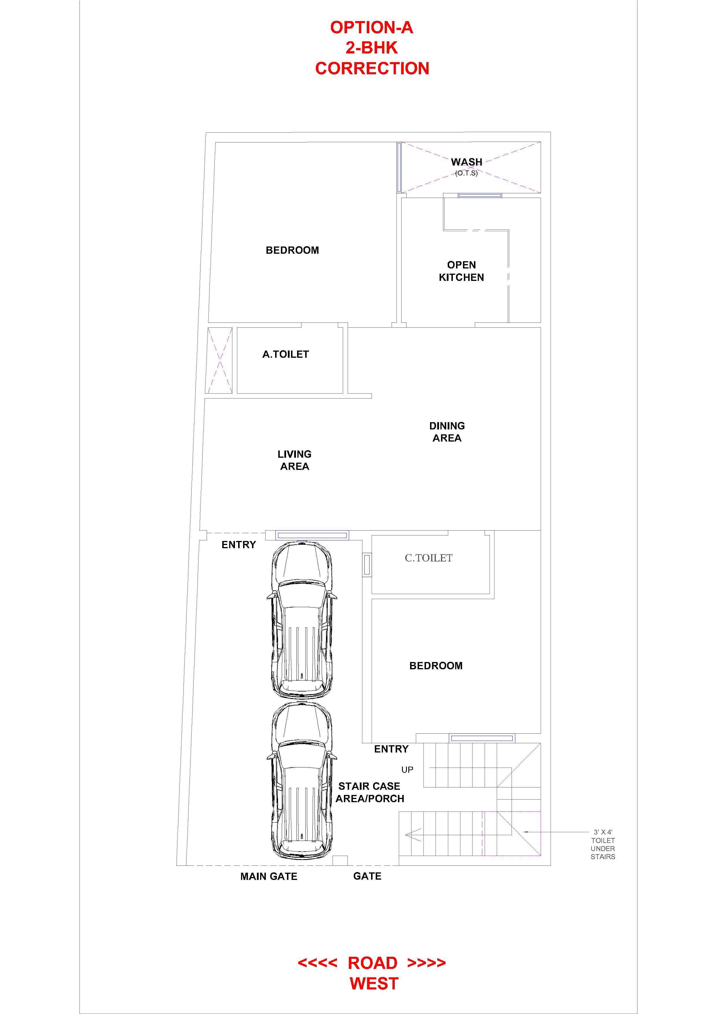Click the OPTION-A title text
(x=372, y=28)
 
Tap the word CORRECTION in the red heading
(x=372, y=68)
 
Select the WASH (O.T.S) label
(x=466, y=166)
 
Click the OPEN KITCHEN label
(x=461, y=271)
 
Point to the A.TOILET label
(x=286, y=354)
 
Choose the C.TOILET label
(x=429, y=558)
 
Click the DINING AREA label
(x=447, y=432)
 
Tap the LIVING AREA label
(x=295, y=460)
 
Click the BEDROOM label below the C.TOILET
(x=436, y=666)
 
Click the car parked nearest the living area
(x=301, y=620)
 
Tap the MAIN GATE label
(x=268, y=876)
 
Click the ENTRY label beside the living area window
(x=238, y=544)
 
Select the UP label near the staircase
(x=407, y=770)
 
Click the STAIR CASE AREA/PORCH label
(x=370, y=792)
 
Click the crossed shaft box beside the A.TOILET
(x=220, y=360)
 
